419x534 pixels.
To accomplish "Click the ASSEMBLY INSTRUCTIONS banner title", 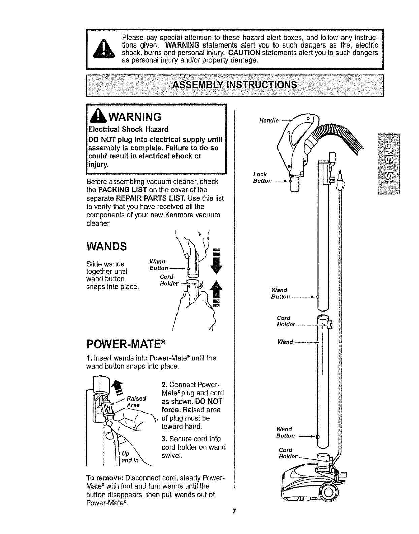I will pyautogui.click(x=235, y=84).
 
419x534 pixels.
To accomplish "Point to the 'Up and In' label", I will pyautogui.click(x=128, y=457).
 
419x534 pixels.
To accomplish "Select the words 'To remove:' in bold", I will pyautogui.click(x=105, y=479).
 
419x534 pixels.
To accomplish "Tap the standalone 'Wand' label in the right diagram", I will pyautogui.click(x=285, y=342).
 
